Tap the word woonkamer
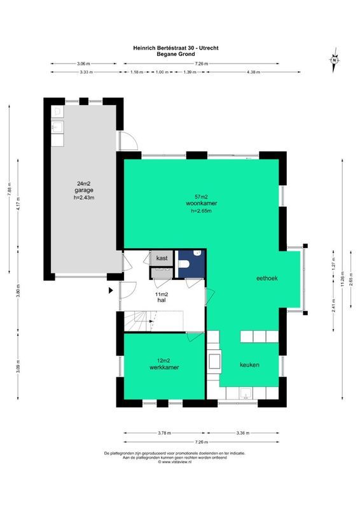(x=200, y=203)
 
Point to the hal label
(x=162, y=299)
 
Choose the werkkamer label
(x=163, y=368)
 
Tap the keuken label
(x=249, y=365)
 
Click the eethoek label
(x=267, y=278)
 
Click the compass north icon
(x=333, y=60)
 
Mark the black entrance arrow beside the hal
(x=111, y=290)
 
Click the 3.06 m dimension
(x=83, y=64)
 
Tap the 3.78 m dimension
(x=164, y=433)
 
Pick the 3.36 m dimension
(x=244, y=433)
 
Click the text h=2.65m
(x=200, y=210)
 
